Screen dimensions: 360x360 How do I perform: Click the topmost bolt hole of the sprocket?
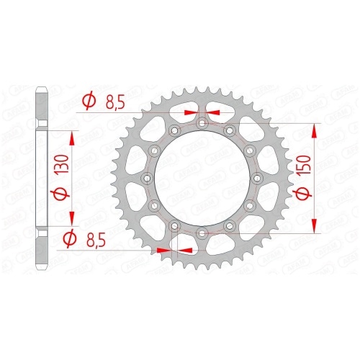point(202,124)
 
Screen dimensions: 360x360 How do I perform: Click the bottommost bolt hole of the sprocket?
point(202,233)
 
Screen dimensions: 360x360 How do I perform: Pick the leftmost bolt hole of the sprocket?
point(148,179)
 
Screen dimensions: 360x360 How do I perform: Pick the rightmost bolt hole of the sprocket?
point(257,179)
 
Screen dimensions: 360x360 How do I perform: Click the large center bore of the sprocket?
point(202,179)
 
